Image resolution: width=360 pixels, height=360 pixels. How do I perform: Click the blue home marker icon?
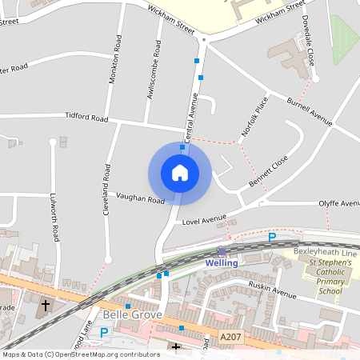click(179, 173)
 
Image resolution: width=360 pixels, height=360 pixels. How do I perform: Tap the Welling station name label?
click(222, 262)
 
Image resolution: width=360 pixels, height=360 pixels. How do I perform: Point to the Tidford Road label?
click(86, 118)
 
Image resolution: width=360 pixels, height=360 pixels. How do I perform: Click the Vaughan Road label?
click(140, 198)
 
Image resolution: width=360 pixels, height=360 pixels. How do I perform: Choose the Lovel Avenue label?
click(205, 220)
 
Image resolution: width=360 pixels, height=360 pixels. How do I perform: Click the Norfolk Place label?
click(253, 116)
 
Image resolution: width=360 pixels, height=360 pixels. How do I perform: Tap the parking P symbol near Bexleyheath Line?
click(271, 238)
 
